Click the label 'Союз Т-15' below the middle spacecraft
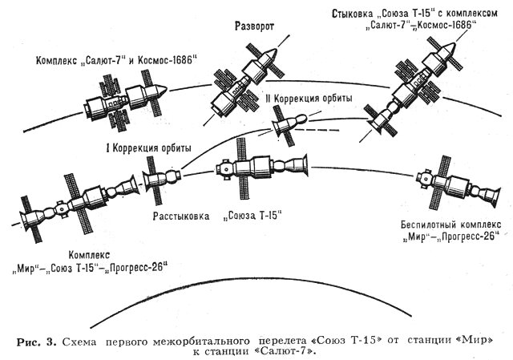click(x=255, y=216)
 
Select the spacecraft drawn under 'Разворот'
click(x=243, y=81)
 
